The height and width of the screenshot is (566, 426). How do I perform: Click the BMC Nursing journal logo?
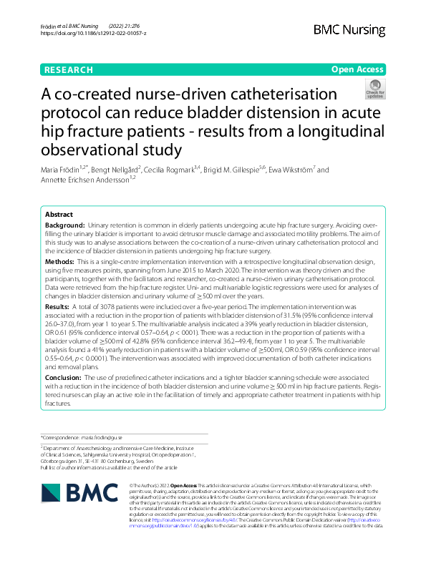tap(349, 29)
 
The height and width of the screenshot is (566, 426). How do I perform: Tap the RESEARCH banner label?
tap(69, 70)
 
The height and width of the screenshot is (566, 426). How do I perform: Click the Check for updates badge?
tap(375, 89)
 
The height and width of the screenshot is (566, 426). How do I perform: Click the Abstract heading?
tap(59, 215)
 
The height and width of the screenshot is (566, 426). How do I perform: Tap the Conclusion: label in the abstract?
tap(64, 377)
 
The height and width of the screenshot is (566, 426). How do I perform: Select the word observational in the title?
tap(89, 150)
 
